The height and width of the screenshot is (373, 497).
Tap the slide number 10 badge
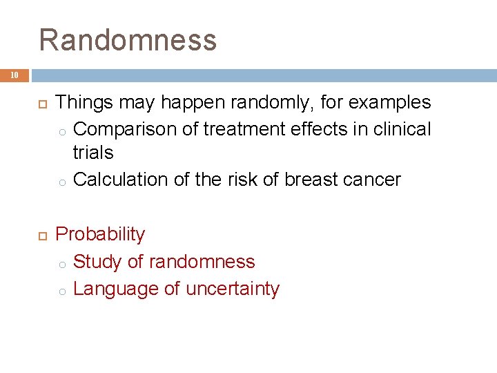point(14,75)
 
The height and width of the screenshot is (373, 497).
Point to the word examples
point(390,103)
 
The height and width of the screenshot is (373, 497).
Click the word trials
point(92,152)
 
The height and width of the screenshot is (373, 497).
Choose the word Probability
point(100,235)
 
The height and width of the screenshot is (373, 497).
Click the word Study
point(95,262)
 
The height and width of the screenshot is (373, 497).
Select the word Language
point(116,289)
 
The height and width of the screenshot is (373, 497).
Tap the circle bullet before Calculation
point(61,181)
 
